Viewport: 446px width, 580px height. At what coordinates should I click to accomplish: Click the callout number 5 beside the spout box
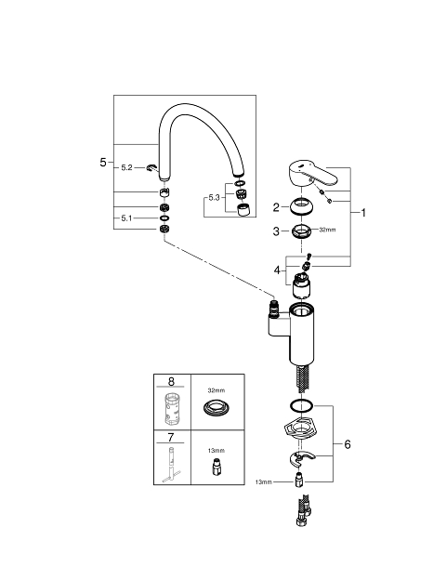click(103, 163)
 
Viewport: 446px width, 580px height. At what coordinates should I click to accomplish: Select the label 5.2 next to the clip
click(126, 168)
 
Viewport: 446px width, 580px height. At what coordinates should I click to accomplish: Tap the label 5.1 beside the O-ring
click(126, 218)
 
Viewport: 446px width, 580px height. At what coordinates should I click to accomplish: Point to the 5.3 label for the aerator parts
click(214, 198)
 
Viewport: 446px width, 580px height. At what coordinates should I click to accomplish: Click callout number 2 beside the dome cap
click(276, 207)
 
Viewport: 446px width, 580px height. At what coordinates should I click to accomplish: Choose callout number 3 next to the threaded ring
click(276, 231)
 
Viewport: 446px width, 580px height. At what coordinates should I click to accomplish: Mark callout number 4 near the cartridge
click(277, 270)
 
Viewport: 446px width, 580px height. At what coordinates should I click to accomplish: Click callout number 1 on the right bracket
click(363, 213)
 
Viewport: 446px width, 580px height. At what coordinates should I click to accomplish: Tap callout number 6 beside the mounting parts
click(348, 444)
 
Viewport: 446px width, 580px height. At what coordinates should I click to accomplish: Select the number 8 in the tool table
click(171, 381)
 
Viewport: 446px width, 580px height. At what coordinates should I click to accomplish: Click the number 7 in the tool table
click(170, 438)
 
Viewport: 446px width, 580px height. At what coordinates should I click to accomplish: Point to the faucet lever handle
click(312, 174)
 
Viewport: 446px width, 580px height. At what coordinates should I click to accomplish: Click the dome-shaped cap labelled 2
click(302, 206)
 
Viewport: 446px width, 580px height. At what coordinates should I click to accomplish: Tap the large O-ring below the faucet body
click(302, 405)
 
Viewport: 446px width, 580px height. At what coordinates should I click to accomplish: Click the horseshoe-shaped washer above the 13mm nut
click(301, 458)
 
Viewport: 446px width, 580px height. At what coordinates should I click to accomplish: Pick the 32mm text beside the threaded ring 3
click(327, 230)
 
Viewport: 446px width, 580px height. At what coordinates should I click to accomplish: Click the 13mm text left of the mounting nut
click(263, 482)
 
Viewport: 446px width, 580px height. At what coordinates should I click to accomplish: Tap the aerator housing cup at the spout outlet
click(243, 210)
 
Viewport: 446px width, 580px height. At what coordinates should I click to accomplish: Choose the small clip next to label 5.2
click(151, 168)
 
